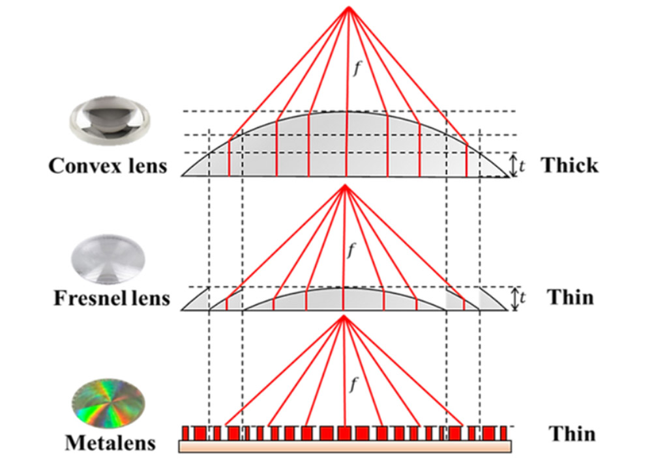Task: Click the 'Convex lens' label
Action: [x=108, y=165]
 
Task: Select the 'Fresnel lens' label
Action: [x=111, y=298]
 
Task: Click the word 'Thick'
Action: [x=569, y=165]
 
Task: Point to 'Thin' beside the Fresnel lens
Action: [x=570, y=297]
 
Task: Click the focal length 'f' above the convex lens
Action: [x=355, y=70]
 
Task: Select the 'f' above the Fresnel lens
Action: [x=352, y=249]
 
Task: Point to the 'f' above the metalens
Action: [x=352, y=384]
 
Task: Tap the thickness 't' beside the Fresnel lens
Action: [x=522, y=299]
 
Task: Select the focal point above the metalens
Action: [x=343, y=317]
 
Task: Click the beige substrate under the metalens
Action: [x=346, y=445]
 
